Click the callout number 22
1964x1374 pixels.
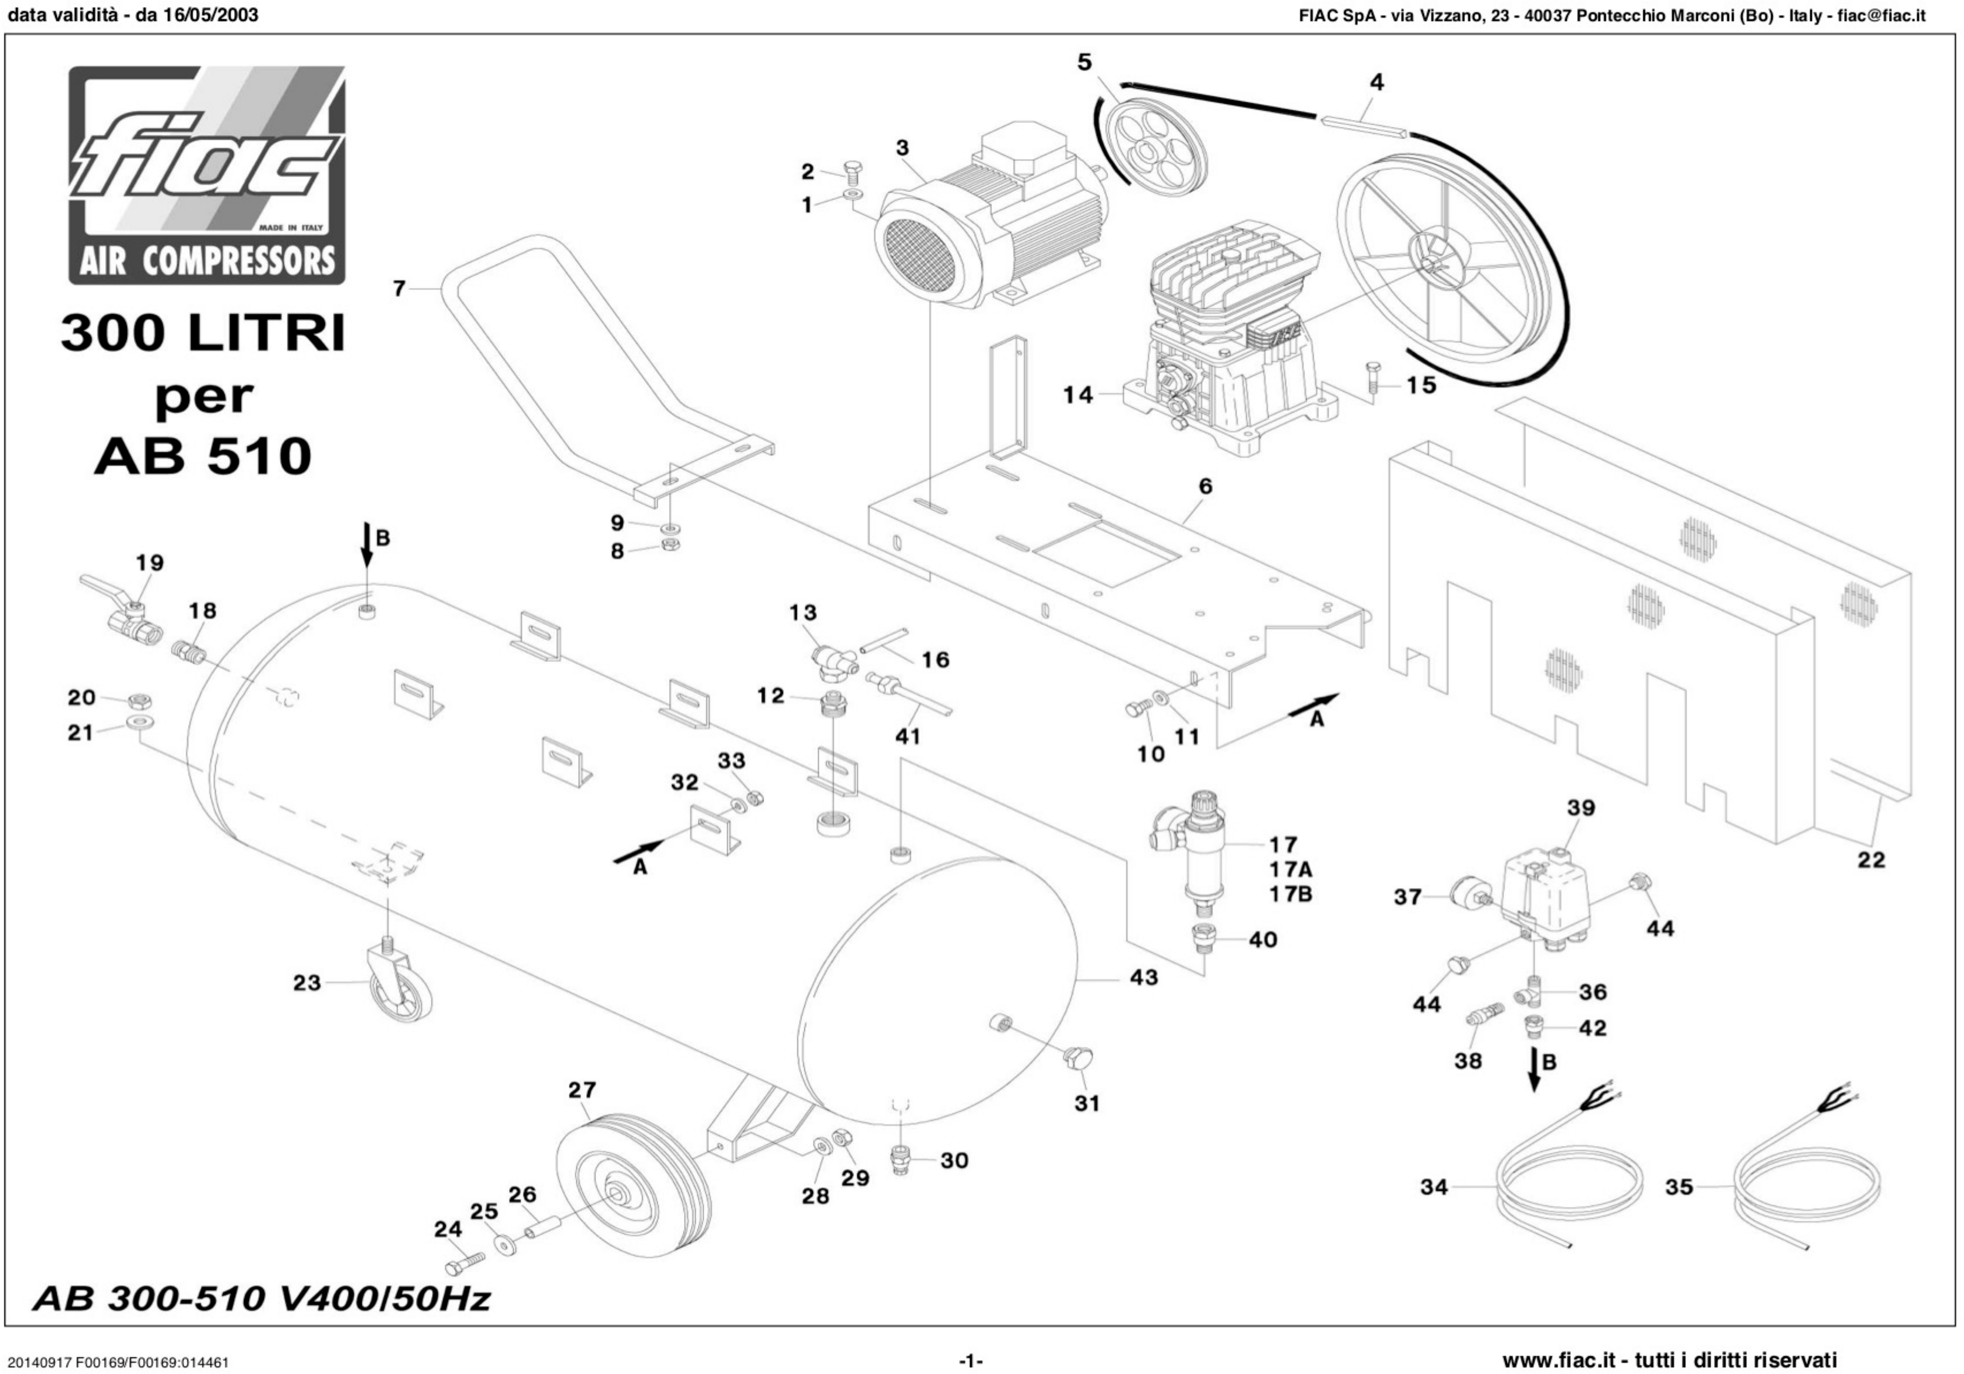coord(1871,859)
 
